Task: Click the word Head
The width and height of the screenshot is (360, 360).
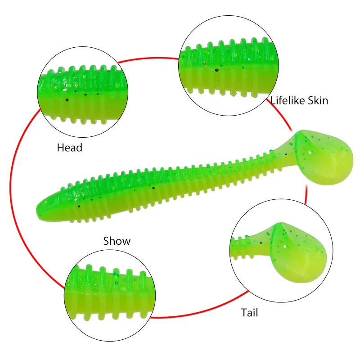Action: click(70, 148)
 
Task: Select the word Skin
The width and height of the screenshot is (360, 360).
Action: click(318, 100)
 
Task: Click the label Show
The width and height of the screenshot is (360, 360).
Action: click(117, 241)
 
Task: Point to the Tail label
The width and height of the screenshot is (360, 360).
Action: click(249, 312)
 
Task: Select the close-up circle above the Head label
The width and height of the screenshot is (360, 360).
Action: click(83, 92)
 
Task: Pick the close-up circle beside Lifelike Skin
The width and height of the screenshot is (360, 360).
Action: click(229, 65)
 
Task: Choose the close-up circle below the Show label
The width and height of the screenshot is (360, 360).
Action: click(110, 296)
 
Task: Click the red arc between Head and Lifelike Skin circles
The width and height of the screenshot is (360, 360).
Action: click(148, 58)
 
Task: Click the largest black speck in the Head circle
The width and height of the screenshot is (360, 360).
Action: click(67, 100)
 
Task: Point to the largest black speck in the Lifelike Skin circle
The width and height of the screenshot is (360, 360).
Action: click(217, 70)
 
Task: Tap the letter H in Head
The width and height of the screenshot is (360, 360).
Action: click(60, 148)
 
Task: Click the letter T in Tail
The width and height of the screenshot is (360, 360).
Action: click(244, 312)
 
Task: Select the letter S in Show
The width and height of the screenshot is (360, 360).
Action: click(106, 241)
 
